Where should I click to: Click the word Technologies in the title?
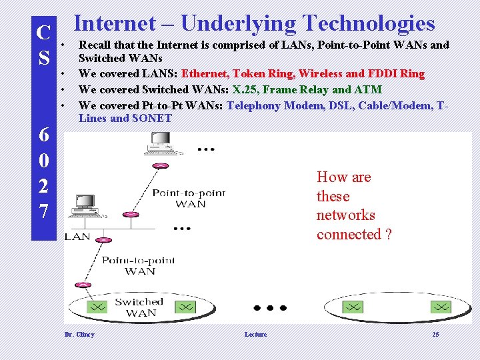coord(368,23)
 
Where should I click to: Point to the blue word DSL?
coord(340,105)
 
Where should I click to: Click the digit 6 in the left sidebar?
coord(43,135)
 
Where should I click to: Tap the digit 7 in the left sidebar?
coord(43,211)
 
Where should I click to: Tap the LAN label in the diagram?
coord(77,237)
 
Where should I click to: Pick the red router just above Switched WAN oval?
coord(83,285)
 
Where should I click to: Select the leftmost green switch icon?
coord(97,307)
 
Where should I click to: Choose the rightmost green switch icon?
coord(440,307)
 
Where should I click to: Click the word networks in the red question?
coord(346,215)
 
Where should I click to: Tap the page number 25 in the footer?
coord(435,335)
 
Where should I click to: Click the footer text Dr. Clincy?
coord(79,335)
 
